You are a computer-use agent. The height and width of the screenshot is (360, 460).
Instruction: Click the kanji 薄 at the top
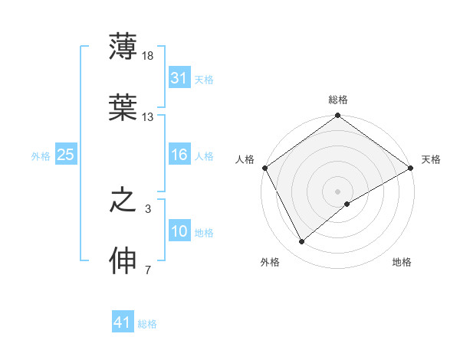[123, 47]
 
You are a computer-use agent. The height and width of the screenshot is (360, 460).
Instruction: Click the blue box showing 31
[179, 78]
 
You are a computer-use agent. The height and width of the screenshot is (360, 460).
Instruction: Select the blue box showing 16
[179, 155]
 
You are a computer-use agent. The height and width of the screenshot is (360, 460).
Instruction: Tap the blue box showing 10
[179, 232]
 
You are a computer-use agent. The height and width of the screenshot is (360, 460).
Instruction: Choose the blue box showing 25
[66, 155]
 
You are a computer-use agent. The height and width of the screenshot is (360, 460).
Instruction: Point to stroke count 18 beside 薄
[149, 56]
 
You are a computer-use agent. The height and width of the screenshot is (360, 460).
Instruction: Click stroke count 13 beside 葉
[148, 116]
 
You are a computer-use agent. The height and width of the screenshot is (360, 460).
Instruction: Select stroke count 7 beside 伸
[148, 270]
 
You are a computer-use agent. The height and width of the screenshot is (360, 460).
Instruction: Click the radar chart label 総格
[338, 100]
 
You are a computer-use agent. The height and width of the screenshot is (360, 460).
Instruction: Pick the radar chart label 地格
[402, 262]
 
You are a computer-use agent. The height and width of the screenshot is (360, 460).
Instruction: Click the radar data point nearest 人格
[264, 168]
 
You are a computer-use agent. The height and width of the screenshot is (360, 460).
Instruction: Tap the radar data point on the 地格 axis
[347, 204]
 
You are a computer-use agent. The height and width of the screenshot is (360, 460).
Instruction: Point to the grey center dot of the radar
[338, 191]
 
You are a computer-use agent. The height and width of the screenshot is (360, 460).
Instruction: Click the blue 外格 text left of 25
[41, 156]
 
